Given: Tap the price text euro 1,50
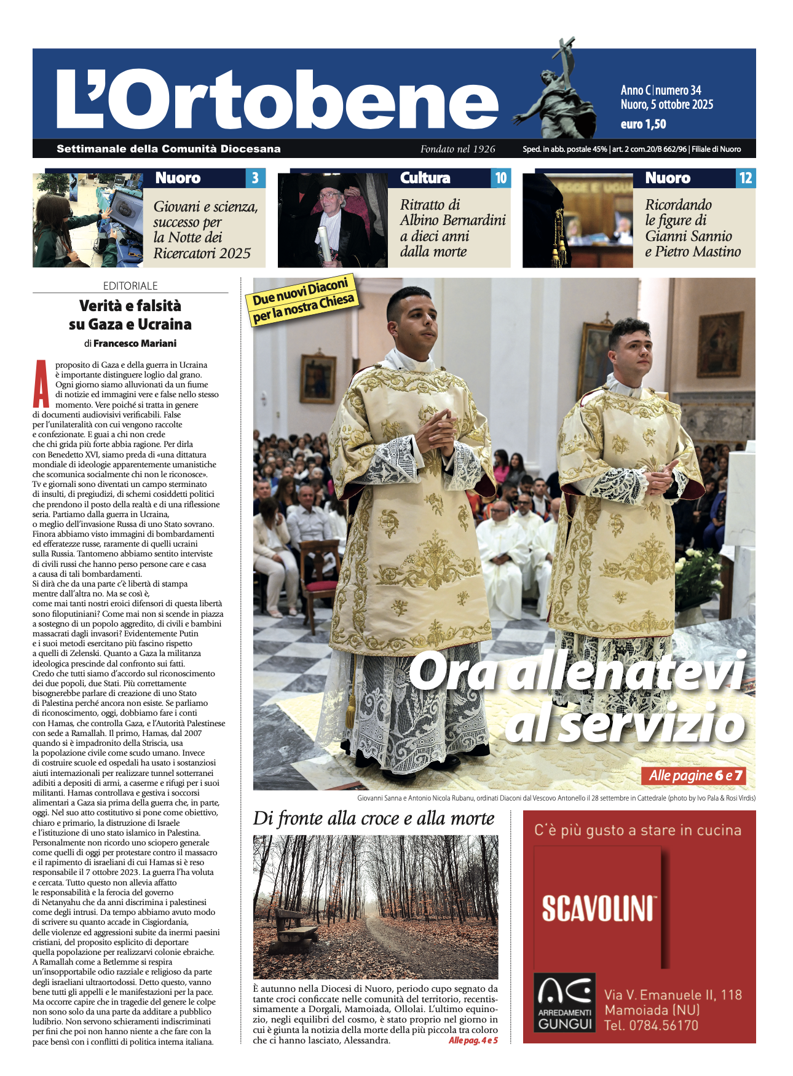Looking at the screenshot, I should pyautogui.click(x=643, y=124).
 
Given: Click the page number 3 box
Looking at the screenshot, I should pyautogui.click(x=255, y=178).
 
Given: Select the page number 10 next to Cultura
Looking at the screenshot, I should pyautogui.click(x=501, y=178).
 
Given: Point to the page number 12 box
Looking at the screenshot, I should pyautogui.click(x=746, y=178).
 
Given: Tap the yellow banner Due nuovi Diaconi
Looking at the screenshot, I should pyautogui.click(x=303, y=299).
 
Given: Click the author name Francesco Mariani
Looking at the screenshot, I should pyautogui.click(x=135, y=343).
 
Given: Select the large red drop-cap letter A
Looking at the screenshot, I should pyautogui.click(x=41, y=384).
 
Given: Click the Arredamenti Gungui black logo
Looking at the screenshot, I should pyautogui.click(x=564, y=1002).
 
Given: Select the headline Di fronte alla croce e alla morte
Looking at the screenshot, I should pyautogui.click(x=374, y=818).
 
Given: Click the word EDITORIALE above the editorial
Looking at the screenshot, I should pyautogui.click(x=130, y=286).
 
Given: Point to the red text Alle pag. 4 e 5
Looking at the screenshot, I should pyautogui.click(x=473, y=1040).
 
